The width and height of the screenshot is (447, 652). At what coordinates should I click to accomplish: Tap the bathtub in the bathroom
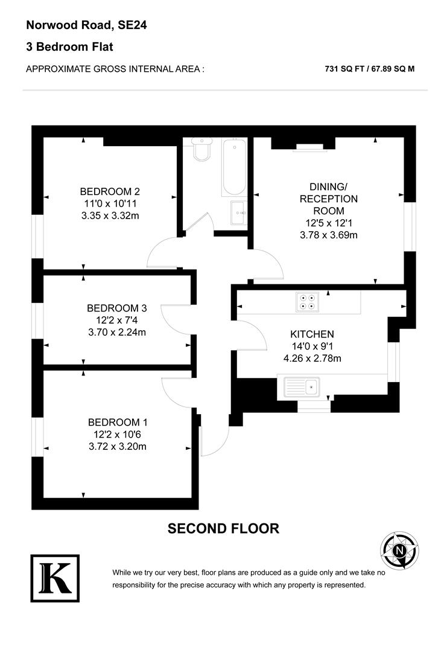[233, 167]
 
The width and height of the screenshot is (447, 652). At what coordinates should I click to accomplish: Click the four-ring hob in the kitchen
[306, 301]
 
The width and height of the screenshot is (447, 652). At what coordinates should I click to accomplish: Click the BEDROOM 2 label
[110, 191]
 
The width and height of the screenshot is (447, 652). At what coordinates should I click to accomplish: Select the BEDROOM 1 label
[117, 422]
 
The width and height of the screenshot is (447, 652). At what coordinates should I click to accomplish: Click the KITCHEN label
[312, 334]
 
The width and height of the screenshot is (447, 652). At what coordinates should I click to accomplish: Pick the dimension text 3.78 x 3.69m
[328, 235]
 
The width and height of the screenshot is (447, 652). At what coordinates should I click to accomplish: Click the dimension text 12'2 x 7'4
[116, 320]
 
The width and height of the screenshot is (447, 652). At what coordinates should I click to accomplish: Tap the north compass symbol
[399, 551]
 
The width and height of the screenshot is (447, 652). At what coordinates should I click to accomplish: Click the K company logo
[54, 578]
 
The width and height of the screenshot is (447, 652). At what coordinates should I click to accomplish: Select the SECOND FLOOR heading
[223, 529]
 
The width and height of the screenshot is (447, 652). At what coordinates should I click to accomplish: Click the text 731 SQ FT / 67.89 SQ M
[369, 69]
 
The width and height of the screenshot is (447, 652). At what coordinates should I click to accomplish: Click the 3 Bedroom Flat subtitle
[69, 46]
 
